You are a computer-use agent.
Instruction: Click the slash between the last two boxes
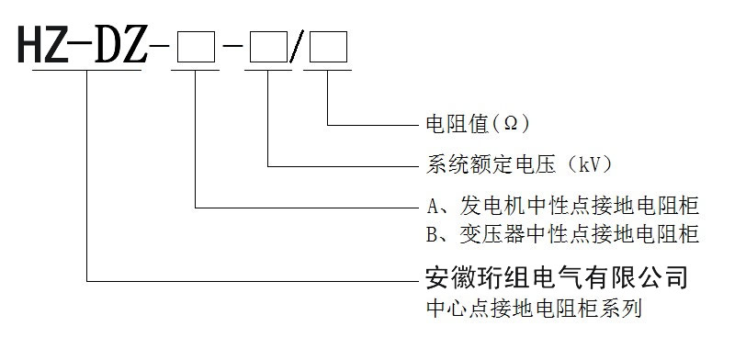(296, 46)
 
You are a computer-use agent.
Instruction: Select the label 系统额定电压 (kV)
(519, 166)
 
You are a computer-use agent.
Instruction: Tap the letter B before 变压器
(431, 235)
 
